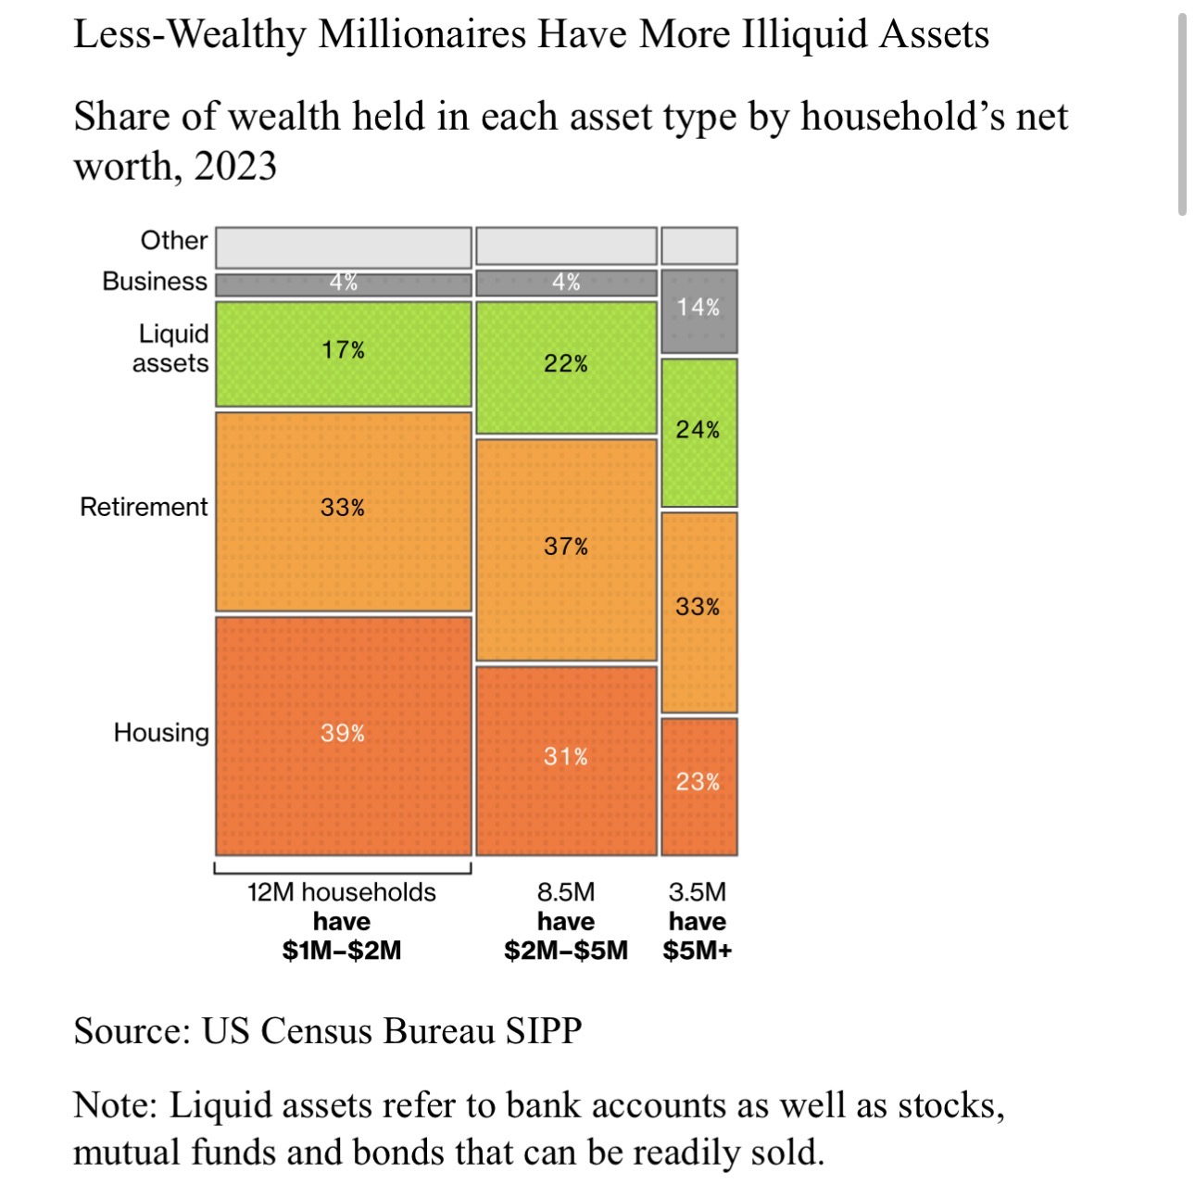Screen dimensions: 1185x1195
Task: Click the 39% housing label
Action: click(343, 734)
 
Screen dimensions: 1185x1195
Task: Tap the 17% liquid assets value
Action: click(343, 350)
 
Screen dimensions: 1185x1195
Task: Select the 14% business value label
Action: click(698, 308)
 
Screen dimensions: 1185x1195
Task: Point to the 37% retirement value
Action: click(566, 547)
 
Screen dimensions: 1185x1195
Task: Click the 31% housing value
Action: click(566, 757)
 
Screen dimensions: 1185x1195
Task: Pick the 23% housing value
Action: click(698, 782)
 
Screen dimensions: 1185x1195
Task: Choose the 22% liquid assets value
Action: click(566, 364)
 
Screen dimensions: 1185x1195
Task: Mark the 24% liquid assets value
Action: click(698, 430)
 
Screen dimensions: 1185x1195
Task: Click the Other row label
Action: click(173, 241)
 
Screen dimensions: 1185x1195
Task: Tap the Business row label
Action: click(155, 282)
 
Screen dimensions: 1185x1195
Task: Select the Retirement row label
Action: click(144, 508)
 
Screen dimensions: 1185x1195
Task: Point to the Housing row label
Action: click(161, 733)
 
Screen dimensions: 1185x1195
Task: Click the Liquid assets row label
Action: click(171, 348)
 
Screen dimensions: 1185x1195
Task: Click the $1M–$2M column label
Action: click(342, 951)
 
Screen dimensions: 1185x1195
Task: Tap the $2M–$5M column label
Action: click(566, 951)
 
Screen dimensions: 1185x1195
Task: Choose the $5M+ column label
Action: click(698, 951)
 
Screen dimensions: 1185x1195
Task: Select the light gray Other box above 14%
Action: click(699, 246)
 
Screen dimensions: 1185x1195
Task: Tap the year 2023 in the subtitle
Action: click(235, 167)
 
